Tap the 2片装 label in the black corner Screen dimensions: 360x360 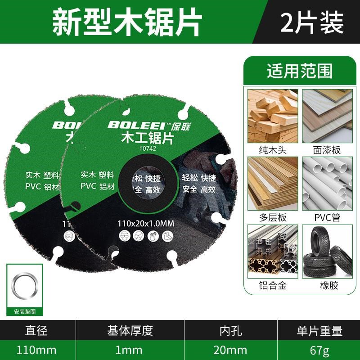point(311,22)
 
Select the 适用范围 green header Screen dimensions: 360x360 point(299,71)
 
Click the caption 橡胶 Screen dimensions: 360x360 point(327,285)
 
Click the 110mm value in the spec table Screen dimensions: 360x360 point(37,350)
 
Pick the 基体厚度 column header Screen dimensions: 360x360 point(130,332)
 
